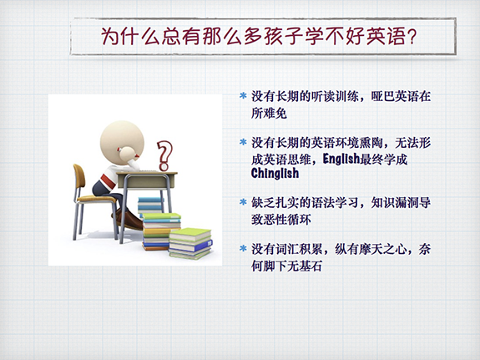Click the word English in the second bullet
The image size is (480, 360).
pyautogui.click(x=341, y=159)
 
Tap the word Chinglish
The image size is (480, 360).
pyautogui.click(x=275, y=173)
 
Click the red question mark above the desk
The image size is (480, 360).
pyautogui.click(x=164, y=155)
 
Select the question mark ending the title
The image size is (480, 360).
pyautogui.click(x=412, y=37)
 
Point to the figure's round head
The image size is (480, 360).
pyautogui.click(x=122, y=138)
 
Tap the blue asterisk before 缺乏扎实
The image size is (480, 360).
pyautogui.click(x=243, y=202)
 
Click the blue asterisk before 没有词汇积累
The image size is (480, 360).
pyautogui.click(x=243, y=248)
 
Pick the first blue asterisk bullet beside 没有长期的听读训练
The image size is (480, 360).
pyautogui.click(x=243, y=96)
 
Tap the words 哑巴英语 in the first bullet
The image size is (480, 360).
pyautogui.click(x=395, y=97)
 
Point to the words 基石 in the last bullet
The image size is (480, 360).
pyautogui.click(x=311, y=266)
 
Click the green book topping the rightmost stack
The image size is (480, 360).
pyautogui.click(x=190, y=234)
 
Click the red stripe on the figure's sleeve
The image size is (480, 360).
pyautogui.click(x=109, y=180)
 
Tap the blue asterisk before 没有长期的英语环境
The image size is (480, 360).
pyautogui.click(x=243, y=142)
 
